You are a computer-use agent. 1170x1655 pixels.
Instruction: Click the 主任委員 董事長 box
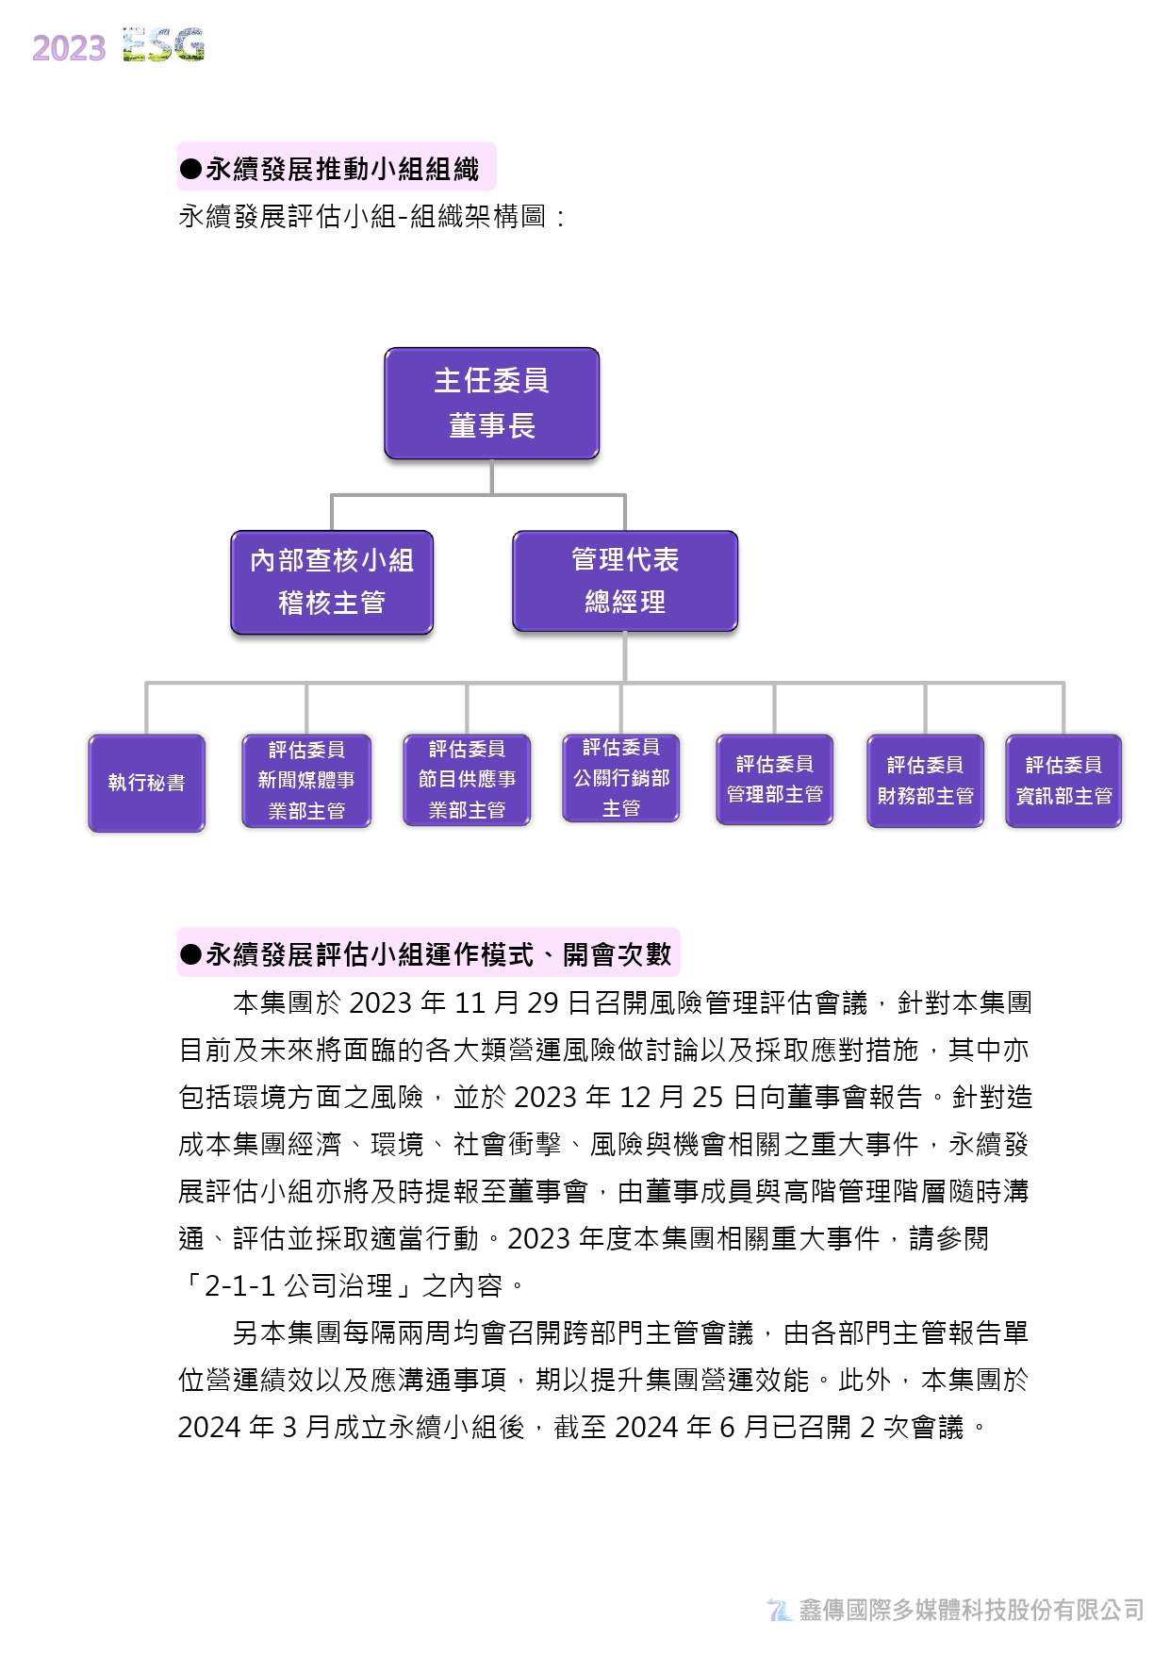point(491,404)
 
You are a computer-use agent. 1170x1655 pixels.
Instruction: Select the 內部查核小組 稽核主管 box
point(332,582)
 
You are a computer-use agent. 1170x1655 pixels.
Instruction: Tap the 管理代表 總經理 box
point(625,581)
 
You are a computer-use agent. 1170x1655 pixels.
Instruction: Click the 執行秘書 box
point(146,783)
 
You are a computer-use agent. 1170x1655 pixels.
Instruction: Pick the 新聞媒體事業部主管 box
point(306,781)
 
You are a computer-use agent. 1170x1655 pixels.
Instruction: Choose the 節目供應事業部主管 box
point(467,780)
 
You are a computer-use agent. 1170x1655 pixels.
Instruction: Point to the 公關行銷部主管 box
point(621,778)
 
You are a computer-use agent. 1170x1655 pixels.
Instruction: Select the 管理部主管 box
point(775,779)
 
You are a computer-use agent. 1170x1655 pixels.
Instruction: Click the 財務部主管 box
point(925,781)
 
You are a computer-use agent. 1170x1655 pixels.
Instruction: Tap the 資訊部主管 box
point(1063,781)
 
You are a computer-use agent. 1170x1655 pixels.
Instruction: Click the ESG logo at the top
point(163,45)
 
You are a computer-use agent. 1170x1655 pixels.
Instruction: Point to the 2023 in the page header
point(69,48)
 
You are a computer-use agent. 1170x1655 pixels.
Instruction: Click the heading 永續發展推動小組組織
point(342,169)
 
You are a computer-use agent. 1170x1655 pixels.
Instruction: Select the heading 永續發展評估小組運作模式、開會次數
point(438,954)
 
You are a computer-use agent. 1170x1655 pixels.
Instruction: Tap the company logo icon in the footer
point(780,1610)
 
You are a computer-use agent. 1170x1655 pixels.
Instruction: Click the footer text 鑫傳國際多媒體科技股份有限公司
point(971,1610)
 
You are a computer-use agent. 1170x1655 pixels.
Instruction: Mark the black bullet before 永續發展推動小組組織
point(190,170)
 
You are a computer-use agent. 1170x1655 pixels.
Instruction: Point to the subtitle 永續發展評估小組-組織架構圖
point(362,217)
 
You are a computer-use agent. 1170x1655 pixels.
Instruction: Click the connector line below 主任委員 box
point(491,477)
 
